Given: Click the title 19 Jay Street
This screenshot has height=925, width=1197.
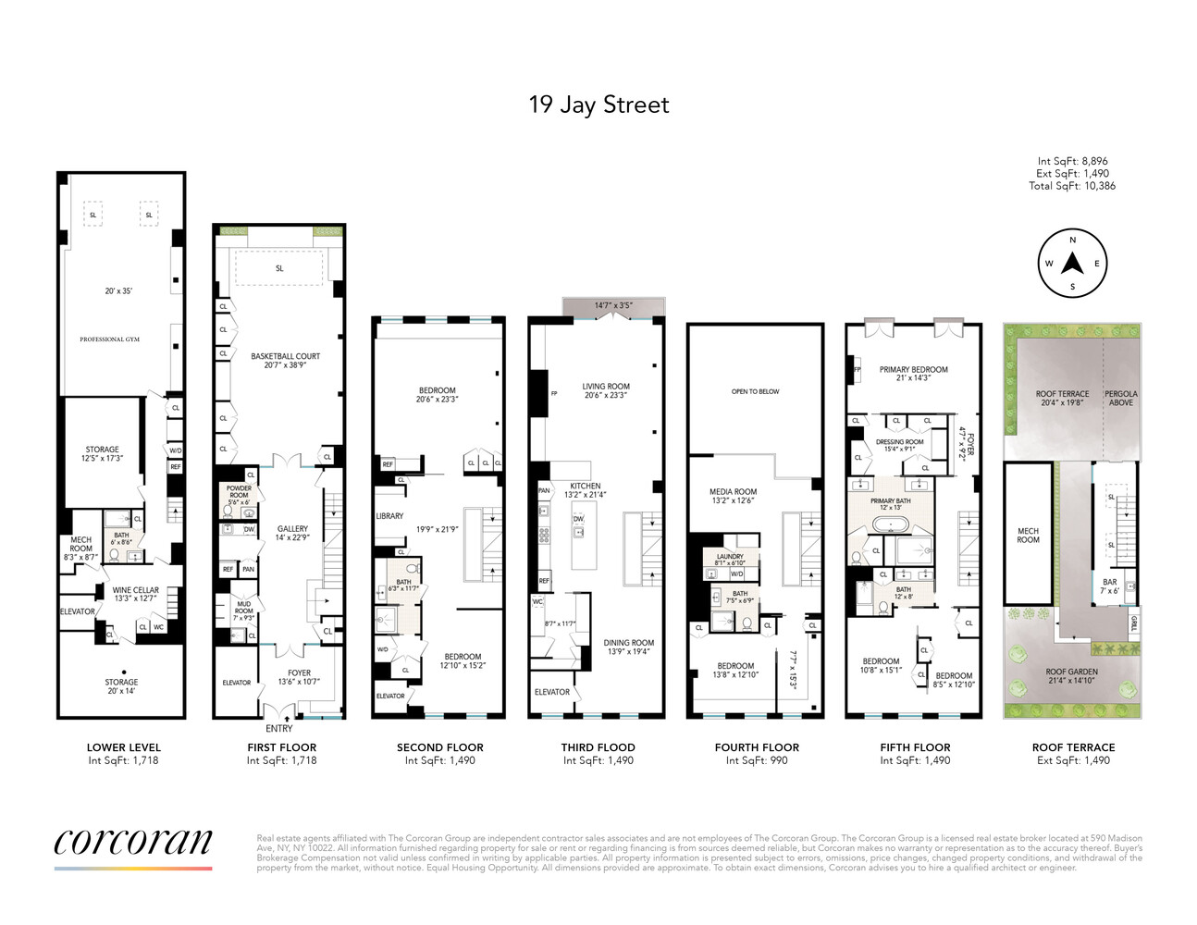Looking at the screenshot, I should (x=598, y=105).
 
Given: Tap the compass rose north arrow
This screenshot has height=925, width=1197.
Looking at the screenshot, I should (x=1072, y=264).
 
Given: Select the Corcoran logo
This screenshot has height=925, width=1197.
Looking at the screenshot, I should (x=133, y=843).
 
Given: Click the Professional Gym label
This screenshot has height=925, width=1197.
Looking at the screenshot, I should (x=109, y=339).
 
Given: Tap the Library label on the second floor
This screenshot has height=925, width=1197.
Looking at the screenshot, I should (x=389, y=516).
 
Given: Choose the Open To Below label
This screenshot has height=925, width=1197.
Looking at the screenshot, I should (x=755, y=391).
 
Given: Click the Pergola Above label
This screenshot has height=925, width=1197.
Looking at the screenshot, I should (x=1120, y=398).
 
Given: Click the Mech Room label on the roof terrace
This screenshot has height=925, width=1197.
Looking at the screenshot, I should (x=1028, y=536).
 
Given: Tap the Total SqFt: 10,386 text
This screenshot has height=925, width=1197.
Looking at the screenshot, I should (x=1071, y=186).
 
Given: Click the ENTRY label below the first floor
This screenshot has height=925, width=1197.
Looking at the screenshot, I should (x=278, y=728).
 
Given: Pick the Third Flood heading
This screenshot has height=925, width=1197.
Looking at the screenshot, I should (x=598, y=747).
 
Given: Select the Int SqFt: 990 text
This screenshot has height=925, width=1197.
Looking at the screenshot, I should (x=757, y=760).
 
